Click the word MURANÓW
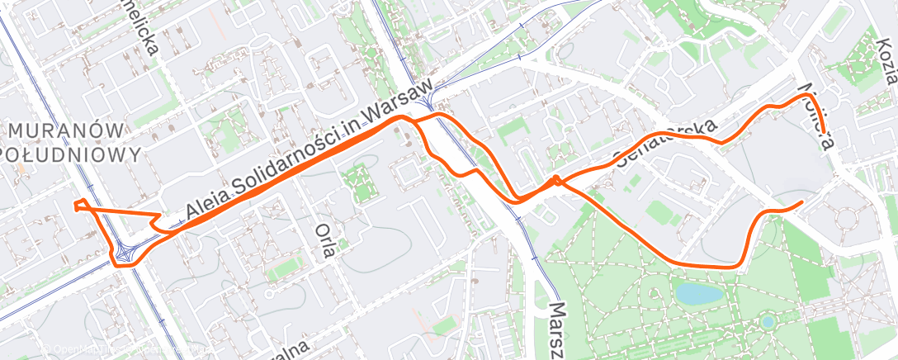[x=71, y=131]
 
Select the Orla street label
[x=325, y=239]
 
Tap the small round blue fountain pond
[x=768, y=322]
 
